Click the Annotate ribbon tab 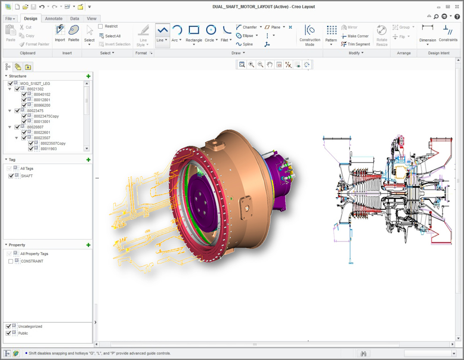click(53, 19)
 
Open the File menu click(10, 19)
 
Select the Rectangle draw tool click(194, 31)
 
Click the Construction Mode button click(310, 35)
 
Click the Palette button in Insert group click(74, 33)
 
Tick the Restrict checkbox click(100, 27)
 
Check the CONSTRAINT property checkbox click(11, 262)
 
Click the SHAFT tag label click(27, 176)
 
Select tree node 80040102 click(42, 95)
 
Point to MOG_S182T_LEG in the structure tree click(35, 83)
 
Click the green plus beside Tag click(88, 160)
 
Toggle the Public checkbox click(8, 333)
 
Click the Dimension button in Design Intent click(427, 34)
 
